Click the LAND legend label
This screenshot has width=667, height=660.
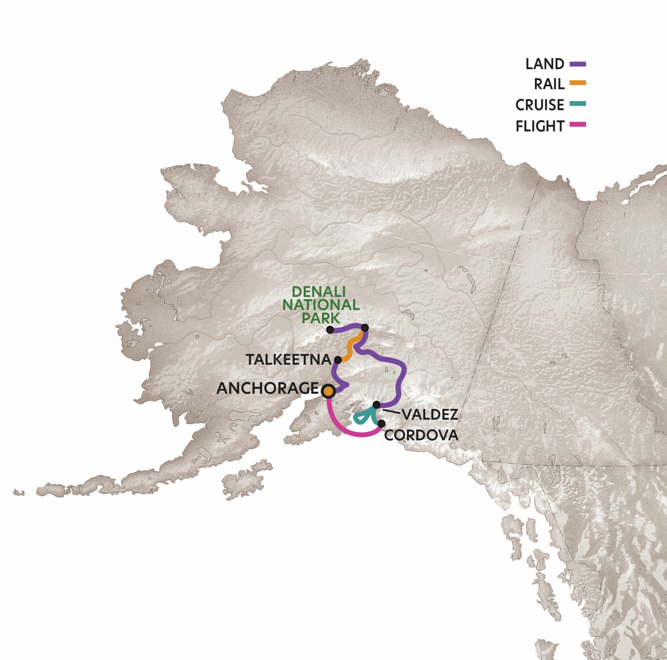[545, 64]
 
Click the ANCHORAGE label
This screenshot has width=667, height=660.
[267, 389]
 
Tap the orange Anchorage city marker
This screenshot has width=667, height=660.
[328, 391]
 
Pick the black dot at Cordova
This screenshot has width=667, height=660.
[381, 423]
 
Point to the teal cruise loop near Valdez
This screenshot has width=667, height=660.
[361, 418]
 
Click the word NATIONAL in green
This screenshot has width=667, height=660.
[326, 305]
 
